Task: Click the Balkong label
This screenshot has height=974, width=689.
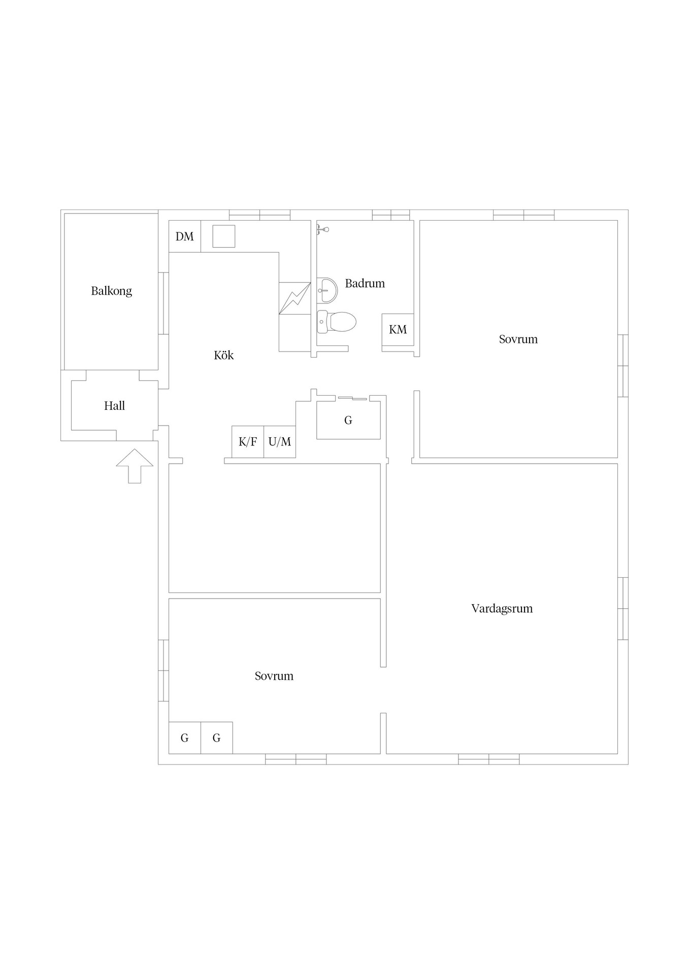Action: tap(111, 291)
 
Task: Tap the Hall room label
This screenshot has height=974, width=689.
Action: tap(114, 406)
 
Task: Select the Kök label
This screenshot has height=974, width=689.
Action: tap(223, 355)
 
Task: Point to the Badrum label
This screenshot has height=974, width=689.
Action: tap(365, 283)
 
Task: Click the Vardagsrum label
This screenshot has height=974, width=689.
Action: tap(502, 608)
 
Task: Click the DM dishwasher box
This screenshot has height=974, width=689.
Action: tap(185, 236)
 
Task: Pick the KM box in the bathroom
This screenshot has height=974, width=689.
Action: tap(398, 330)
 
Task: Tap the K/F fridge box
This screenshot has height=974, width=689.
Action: tap(248, 442)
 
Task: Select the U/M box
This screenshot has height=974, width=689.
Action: tap(280, 442)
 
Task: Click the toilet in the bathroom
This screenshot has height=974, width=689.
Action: tap(336, 322)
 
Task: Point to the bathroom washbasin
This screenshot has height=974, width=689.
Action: tap(326, 290)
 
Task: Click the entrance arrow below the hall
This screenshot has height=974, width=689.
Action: tap(135, 466)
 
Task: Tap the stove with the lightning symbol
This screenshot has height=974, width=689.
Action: tap(295, 298)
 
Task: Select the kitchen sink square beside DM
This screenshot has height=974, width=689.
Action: tap(224, 236)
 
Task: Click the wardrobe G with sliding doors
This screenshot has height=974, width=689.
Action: tap(348, 420)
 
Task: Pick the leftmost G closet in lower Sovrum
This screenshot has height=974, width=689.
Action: tap(185, 738)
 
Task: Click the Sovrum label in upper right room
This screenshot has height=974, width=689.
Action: tap(518, 339)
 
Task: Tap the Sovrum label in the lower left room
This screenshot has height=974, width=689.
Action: tap(274, 676)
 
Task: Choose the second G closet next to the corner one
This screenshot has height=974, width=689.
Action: tap(217, 738)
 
